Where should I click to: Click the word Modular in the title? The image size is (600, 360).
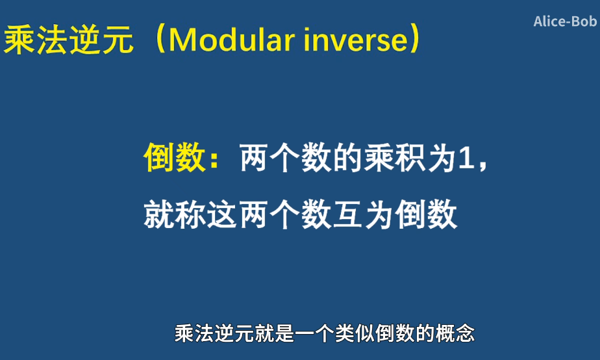232,40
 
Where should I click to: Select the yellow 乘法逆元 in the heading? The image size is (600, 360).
68,40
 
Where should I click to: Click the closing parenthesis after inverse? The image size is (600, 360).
415,39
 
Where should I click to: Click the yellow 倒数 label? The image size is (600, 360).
175,157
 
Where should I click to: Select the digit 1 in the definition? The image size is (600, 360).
466,158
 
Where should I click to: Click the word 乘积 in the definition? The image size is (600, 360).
395,157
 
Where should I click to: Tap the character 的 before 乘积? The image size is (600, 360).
348,157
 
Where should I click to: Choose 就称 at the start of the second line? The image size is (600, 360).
175,214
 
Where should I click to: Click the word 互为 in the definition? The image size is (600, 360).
364,214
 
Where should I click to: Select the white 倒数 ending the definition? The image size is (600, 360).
426,214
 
